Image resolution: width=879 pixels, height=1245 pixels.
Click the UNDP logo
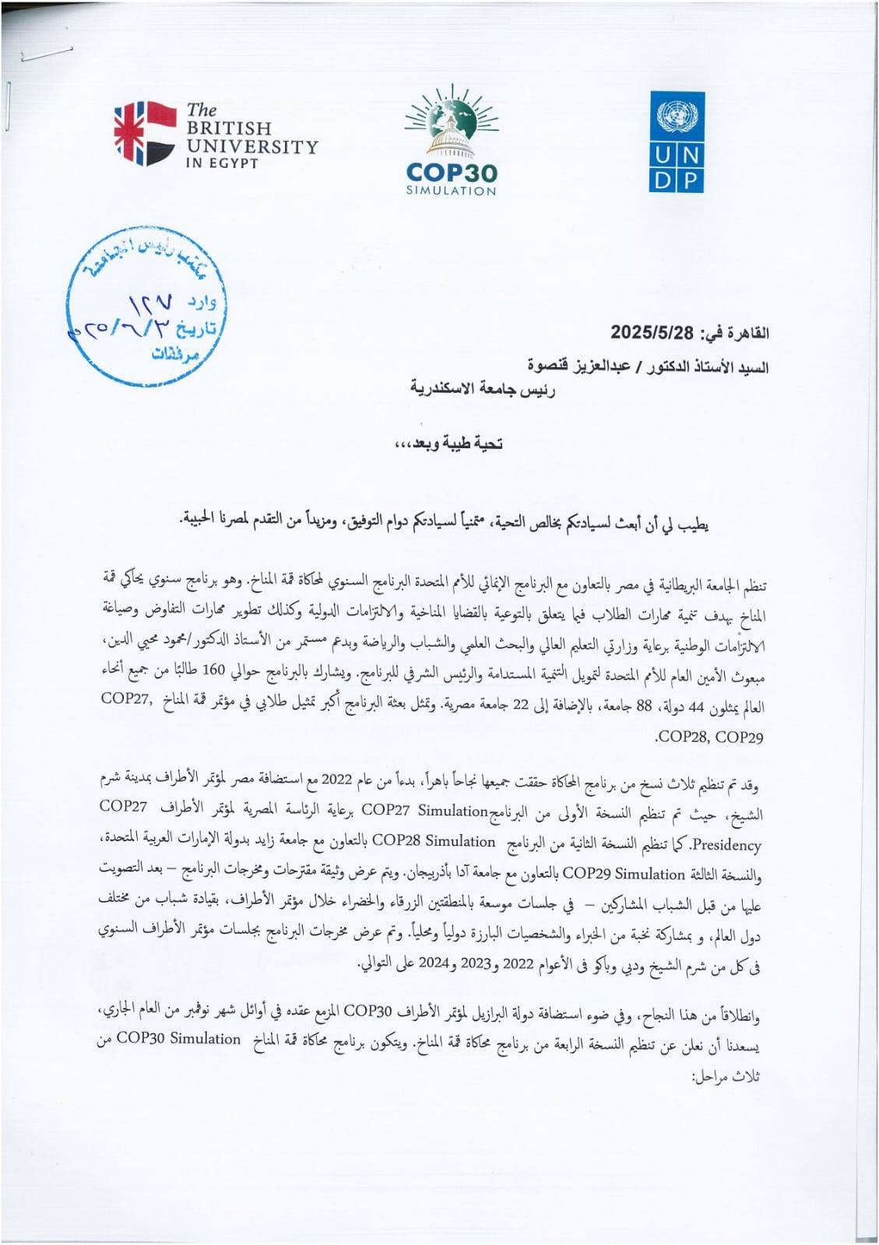click(677, 142)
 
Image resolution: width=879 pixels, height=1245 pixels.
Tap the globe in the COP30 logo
click(451, 122)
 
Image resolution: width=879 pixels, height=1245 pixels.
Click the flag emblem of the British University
click(145, 133)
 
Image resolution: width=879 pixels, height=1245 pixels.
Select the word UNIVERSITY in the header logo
click(252, 146)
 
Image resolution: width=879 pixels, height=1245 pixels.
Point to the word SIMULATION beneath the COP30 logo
click(451, 191)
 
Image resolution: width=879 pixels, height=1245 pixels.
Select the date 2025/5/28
click(652, 333)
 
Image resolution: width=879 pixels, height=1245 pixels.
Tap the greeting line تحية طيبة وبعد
click(449, 444)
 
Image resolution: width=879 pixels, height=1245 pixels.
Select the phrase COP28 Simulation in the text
click(434, 841)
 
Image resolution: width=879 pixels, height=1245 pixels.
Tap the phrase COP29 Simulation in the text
click(623, 874)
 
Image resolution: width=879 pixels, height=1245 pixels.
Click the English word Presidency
click(726, 844)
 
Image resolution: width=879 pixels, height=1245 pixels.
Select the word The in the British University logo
click(202, 110)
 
